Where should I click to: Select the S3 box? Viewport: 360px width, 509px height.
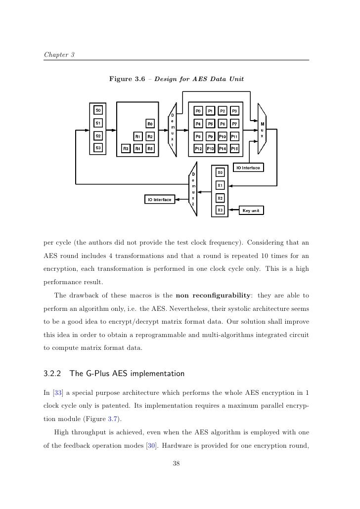tap(98, 148)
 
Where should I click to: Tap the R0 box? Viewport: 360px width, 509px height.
tap(150, 123)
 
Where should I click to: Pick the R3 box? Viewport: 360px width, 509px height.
tap(126, 148)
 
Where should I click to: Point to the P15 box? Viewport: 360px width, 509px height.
tap(235, 148)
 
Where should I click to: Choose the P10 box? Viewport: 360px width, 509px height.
tap(223, 136)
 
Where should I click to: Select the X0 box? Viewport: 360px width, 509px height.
tap(221, 172)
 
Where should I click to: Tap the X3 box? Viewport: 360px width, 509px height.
tap(221, 211)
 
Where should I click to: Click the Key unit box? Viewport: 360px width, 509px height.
tap(251, 211)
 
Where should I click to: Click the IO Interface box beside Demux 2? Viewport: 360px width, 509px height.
tap(159, 200)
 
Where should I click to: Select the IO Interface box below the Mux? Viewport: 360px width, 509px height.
tap(246, 168)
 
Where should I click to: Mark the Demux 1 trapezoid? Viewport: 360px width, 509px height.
tap(172, 129)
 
